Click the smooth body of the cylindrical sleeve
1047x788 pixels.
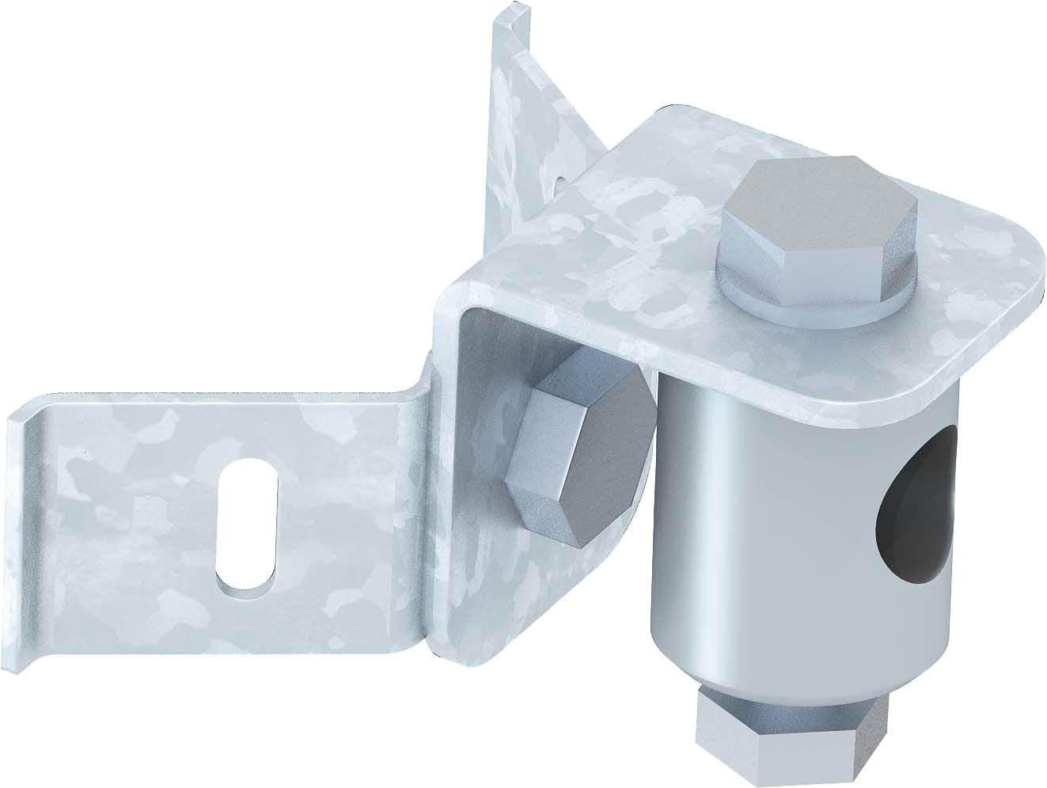point(744,514)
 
